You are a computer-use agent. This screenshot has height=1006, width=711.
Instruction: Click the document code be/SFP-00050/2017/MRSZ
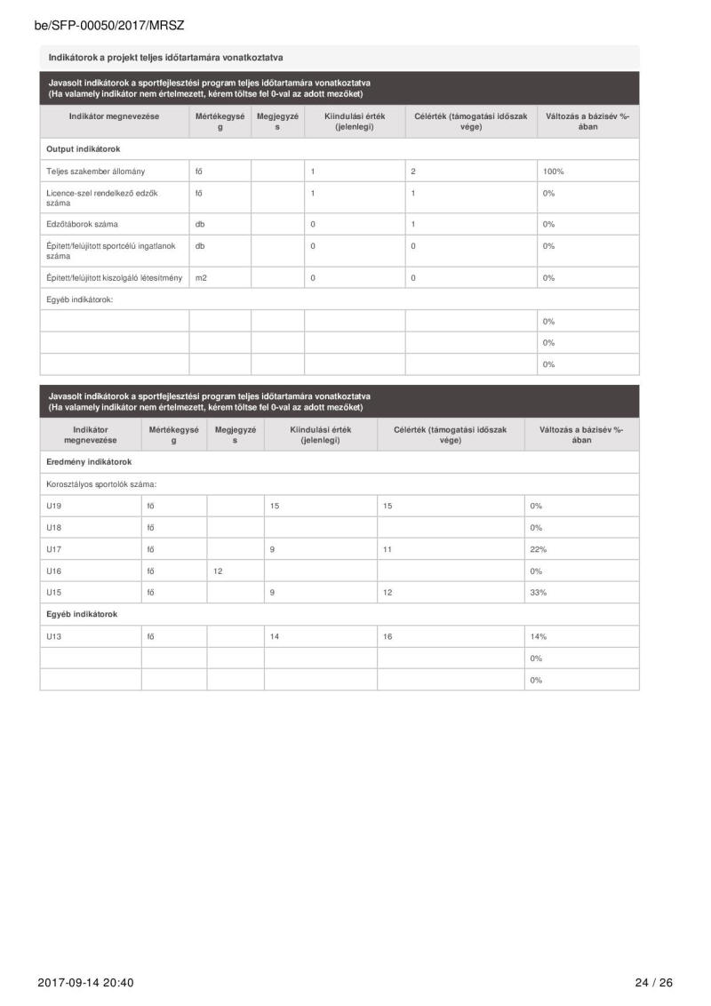point(108,27)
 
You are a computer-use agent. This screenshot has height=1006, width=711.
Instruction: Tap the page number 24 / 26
point(654,982)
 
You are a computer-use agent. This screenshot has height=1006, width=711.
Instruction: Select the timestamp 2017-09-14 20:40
point(86,982)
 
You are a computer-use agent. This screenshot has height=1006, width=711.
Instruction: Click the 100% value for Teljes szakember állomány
point(555,171)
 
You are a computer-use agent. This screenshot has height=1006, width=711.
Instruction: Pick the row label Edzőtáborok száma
point(84,224)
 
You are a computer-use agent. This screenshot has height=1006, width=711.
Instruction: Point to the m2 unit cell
point(202,277)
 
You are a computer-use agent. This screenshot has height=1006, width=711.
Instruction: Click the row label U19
point(55,506)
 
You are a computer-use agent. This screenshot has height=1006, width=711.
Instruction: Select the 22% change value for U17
point(538,549)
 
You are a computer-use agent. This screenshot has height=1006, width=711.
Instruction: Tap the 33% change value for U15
point(538,592)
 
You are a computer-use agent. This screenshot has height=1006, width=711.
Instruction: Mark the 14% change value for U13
point(538,636)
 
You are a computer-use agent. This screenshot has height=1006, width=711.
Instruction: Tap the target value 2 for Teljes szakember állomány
point(414,171)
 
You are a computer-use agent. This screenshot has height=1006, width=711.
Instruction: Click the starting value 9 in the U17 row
point(272,549)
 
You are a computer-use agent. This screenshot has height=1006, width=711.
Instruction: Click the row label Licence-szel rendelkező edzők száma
point(102,197)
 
